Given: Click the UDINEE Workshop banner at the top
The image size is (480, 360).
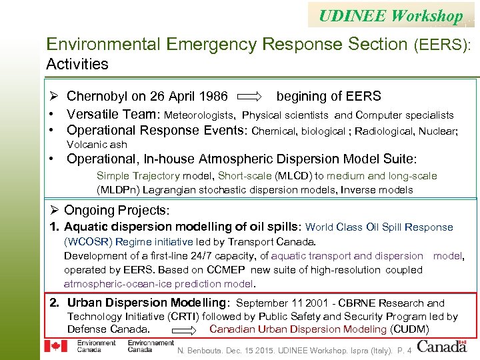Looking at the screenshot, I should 391,15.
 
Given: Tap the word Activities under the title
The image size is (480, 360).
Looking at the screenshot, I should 77,64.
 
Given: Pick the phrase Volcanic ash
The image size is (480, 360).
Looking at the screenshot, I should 97,145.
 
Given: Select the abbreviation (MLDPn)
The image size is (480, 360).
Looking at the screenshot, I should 120,190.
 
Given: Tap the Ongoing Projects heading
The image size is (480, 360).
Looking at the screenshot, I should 118,210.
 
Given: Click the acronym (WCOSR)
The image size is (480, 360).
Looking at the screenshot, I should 88,241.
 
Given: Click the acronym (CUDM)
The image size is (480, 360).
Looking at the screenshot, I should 409,329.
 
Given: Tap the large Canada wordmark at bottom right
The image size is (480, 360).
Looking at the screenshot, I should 442,346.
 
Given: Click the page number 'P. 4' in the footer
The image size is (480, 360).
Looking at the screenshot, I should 403,349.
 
